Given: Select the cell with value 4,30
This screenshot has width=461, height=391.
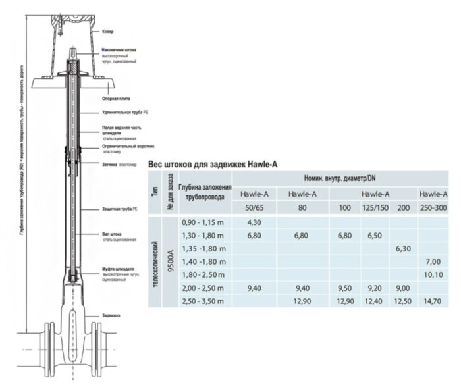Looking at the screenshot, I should click(x=255, y=222).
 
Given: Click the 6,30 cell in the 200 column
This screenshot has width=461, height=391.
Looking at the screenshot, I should click(x=402, y=248).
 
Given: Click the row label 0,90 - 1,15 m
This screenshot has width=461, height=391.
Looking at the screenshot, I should click(x=203, y=222).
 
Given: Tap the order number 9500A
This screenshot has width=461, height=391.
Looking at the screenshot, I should click(x=170, y=261).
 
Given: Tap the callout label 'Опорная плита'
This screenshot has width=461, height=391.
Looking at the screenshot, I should click(x=115, y=97).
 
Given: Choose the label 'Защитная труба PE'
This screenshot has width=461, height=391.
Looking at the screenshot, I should click(x=119, y=209).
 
